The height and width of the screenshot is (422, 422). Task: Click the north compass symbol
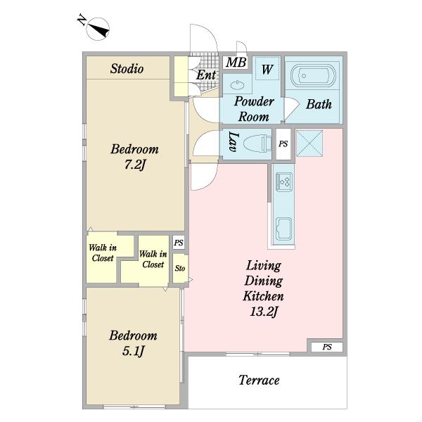coord(98,29)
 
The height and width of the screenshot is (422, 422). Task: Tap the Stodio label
coord(127,68)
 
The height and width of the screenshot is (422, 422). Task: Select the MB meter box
coord(236,63)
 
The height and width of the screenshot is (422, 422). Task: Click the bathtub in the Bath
coord(313,76)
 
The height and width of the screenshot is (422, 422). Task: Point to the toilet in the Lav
coord(257,142)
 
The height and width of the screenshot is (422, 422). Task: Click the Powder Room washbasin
coord(238,85)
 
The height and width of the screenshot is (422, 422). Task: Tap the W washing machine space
coord(267,69)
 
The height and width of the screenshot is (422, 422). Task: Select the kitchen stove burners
coord(284,182)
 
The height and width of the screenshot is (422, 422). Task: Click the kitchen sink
coord(284,228)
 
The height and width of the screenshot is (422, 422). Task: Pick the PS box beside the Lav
coord(283,144)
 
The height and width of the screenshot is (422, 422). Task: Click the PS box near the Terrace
coord(327,347)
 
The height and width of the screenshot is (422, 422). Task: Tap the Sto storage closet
coord(180,269)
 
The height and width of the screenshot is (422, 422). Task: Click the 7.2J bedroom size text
coord(135,164)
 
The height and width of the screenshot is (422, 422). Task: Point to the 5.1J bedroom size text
coord(134,351)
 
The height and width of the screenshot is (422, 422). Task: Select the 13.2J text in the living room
coord(264,312)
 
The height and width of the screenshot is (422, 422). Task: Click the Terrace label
coord(259,380)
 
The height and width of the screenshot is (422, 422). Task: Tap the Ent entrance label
coord(206,75)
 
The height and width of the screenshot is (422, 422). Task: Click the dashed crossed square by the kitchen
coord(309,143)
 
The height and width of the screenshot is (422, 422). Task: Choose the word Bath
coord(319,104)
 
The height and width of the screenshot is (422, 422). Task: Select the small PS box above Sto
coord(179,243)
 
